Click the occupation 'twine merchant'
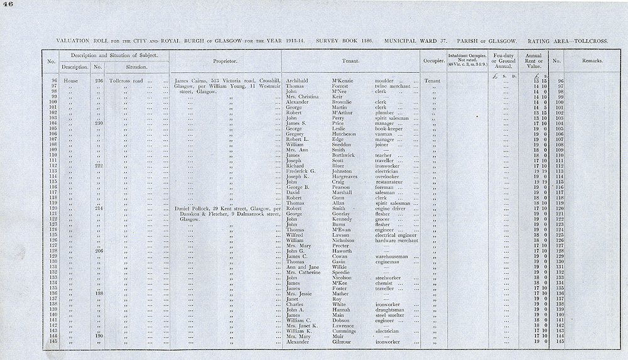(x=392, y=87)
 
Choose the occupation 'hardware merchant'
(x=397, y=240)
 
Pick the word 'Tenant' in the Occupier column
(x=432, y=81)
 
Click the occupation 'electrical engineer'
(x=398, y=234)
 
